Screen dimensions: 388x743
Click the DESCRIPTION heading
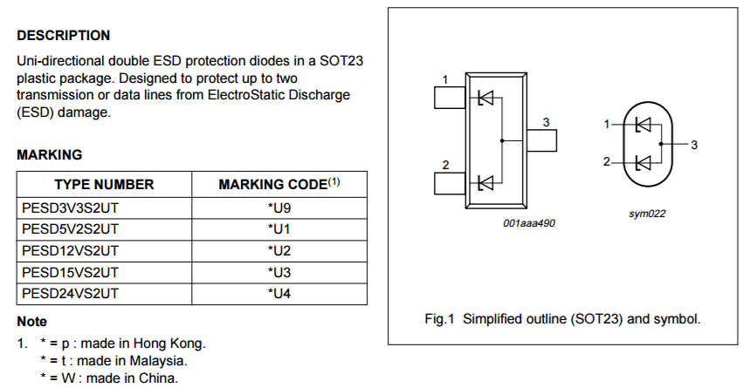pyautogui.click(x=64, y=36)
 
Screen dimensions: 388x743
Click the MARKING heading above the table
pyautogui.click(x=50, y=155)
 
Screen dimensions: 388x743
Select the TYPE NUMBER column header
pyautogui.click(x=104, y=184)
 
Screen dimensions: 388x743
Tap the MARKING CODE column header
pyautogui.click(x=279, y=184)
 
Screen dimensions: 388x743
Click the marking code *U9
pyautogui.click(x=279, y=208)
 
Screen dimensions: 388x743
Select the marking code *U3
pyautogui.click(x=279, y=272)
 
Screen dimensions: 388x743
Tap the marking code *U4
pyautogui.click(x=279, y=294)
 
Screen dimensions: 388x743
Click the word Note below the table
pyautogui.click(x=32, y=322)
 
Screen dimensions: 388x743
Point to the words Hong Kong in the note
pyautogui.click(x=173, y=343)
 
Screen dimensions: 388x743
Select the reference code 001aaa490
pyautogui.click(x=529, y=223)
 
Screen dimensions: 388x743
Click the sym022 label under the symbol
pyautogui.click(x=647, y=214)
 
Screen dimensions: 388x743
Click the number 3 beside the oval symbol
pyautogui.click(x=693, y=145)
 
